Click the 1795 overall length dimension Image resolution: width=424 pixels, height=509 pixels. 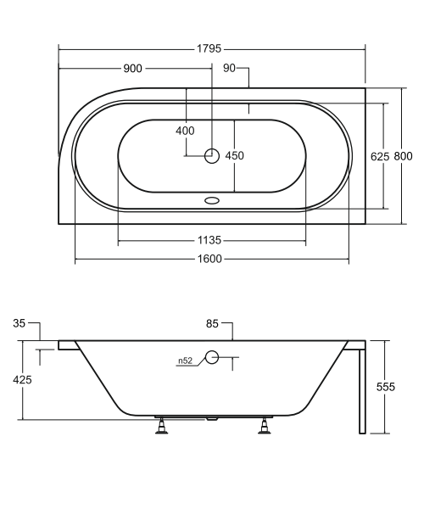(x=209, y=48)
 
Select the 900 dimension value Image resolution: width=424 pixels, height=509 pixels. (x=132, y=69)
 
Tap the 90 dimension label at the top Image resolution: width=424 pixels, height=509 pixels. (x=229, y=68)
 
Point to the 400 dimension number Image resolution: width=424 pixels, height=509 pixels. (x=185, y=131)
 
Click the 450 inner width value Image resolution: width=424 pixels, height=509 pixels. (x=235, y=156)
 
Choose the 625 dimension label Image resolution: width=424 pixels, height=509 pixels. (x=380, y=157)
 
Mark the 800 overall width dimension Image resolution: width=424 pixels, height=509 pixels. (x=404, y=156)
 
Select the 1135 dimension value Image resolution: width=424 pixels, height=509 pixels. (x=209, y=240)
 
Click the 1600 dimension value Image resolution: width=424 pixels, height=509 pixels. (x=210, y=259)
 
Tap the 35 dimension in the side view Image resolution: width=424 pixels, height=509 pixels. (x=20, y=323)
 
